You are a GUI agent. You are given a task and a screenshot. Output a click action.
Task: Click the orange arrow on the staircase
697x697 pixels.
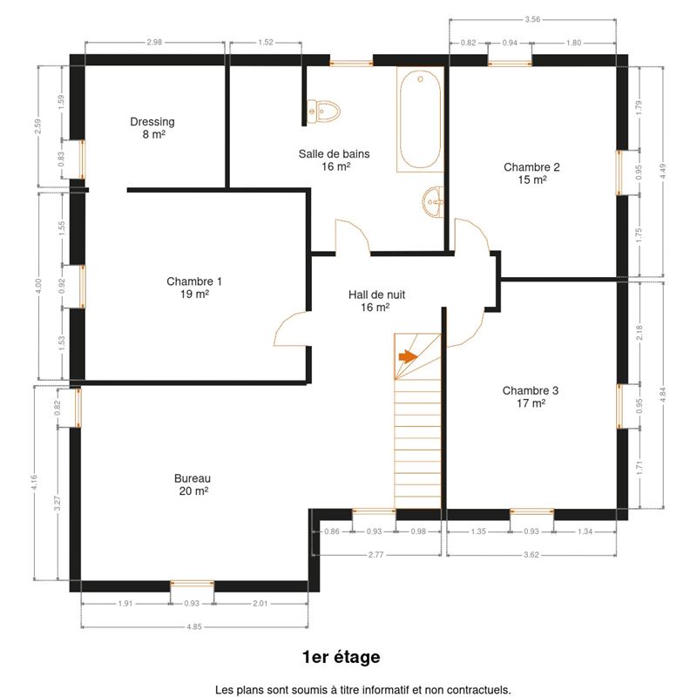pos(408,356)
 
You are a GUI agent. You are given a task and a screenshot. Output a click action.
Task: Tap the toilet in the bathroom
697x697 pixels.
pos(323,111)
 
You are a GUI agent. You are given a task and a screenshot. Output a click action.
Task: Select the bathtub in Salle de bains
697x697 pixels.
pos(420,119)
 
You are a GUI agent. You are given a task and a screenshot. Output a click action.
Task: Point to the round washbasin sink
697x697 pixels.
pos(432,202)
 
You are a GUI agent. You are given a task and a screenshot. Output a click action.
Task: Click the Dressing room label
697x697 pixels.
pos(152,122)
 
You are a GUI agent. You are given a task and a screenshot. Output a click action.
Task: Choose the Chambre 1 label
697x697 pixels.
pos(194,281)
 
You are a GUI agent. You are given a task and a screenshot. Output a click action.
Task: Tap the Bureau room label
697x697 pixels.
pos(193,478)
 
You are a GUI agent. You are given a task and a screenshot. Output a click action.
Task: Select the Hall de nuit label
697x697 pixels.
pos(376,294)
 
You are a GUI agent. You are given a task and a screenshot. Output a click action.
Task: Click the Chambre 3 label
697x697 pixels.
pos(531,390)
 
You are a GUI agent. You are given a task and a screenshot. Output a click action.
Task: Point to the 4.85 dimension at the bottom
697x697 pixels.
pos(194,626)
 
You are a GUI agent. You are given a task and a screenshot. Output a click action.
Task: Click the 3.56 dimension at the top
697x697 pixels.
pos(532,19)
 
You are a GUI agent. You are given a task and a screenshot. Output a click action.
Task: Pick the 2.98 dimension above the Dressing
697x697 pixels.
pos(155,42)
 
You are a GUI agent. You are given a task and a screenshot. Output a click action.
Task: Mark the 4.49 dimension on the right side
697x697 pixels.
pos(663,172)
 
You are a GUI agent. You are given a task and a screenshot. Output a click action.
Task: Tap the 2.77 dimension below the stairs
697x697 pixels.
pos(376,555)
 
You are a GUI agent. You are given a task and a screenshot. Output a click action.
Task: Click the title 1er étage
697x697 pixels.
pos(341,657)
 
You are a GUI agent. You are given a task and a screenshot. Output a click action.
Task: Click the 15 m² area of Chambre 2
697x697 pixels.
pos(532,179)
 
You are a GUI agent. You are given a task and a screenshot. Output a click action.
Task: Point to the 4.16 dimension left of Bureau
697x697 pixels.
pos(34,484)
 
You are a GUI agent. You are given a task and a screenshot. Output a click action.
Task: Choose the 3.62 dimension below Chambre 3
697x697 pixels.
pos(531,555)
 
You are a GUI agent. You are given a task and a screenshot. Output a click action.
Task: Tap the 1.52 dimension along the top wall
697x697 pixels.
pos(266,42)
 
